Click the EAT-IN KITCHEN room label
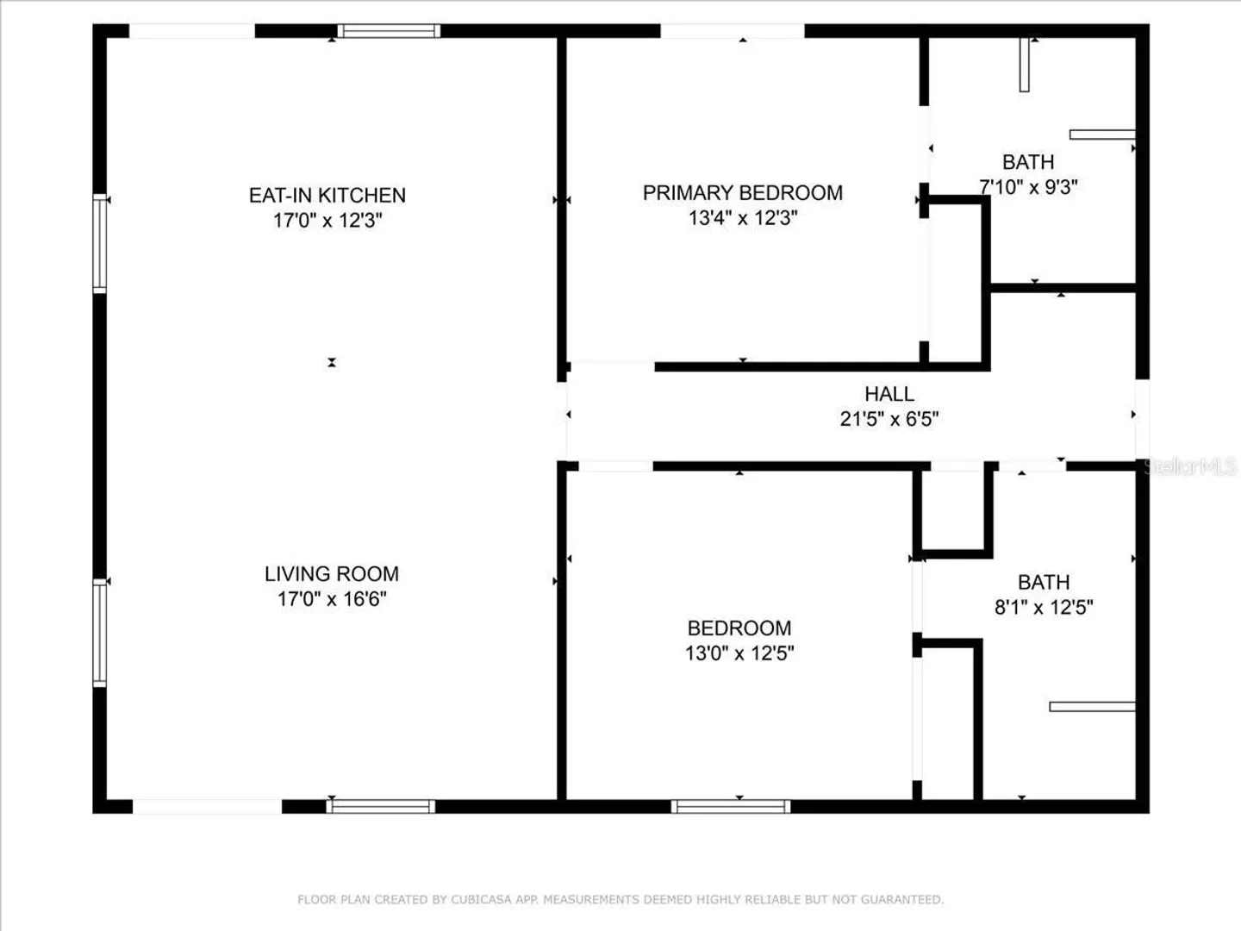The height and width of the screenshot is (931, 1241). (327, 195)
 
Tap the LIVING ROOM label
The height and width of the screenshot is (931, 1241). (332, 574)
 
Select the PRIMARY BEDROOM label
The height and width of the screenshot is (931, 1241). (743, 193)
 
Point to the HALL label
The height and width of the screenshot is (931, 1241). (889, 394)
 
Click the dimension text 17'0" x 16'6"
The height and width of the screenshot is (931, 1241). (332, 598)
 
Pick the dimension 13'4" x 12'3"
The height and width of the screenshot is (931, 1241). (743, 217)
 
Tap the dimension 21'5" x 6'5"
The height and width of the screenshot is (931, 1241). (889, 419)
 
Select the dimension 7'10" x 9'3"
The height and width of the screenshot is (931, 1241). (1028, 186)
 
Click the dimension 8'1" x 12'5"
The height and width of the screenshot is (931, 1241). (1044, 607)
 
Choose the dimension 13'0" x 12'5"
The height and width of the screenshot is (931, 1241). (739, 653)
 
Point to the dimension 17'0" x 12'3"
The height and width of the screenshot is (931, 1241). (328, 220)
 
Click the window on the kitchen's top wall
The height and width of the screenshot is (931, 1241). (389, 31)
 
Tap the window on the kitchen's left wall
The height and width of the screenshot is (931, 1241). (99, 244)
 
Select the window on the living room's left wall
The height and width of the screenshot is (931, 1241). (99, 633)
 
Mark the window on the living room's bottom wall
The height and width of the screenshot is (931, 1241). (381, 807)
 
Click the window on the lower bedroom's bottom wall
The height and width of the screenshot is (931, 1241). (731, 807)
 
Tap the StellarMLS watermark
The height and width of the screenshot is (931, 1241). (1191, 467)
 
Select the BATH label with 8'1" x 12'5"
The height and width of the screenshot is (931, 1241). (1044, 582)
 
